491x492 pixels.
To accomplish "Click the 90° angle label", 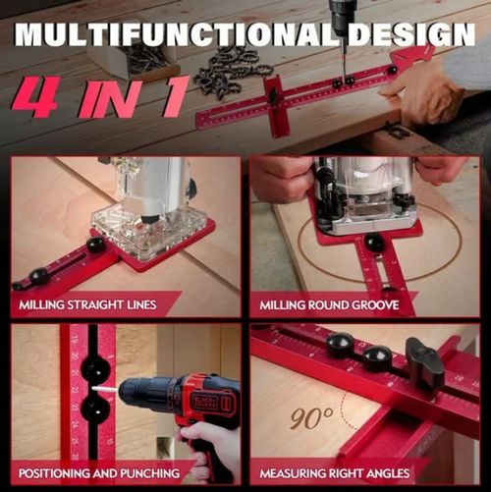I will click(311, 419).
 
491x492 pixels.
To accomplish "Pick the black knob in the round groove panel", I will click(374, 242).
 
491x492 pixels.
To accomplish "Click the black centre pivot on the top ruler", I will click(272, 97).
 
